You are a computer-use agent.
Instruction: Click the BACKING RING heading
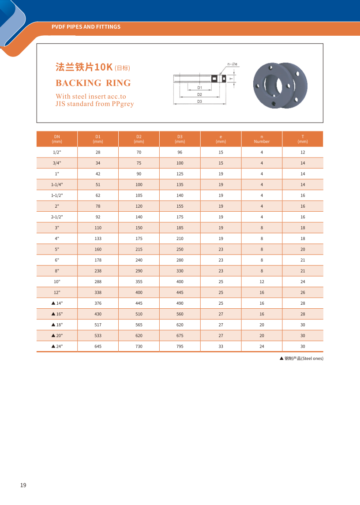click(93, 83)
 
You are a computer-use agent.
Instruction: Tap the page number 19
click(23, 485)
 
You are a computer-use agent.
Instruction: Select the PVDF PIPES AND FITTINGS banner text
click(86, 27)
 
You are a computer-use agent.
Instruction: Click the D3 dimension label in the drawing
click(199, 101)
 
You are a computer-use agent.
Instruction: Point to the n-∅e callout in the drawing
click(232, 64)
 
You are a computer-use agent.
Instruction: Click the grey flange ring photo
click(280, 86)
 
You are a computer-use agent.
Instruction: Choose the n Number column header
click(262, 139)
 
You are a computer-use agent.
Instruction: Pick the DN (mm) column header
click(57, 139)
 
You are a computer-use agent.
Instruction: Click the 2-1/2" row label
click(57, 217)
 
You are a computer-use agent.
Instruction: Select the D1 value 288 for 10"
click(98, 282)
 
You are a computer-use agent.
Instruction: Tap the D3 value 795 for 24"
click(180, 347)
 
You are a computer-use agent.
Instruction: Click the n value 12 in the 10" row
click(262, 282)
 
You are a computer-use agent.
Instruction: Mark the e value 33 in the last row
click(221, 347)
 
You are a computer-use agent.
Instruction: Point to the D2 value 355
click(139, 282)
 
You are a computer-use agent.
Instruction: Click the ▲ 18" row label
click(57, 325)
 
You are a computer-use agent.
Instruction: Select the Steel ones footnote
click(301, 359)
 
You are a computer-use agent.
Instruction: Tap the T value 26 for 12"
click(303, 292)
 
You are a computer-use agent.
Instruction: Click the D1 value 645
click(98, 347)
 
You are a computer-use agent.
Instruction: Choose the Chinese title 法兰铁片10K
click(84, 67)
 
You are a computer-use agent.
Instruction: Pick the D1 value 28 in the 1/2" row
click(98, 152)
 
